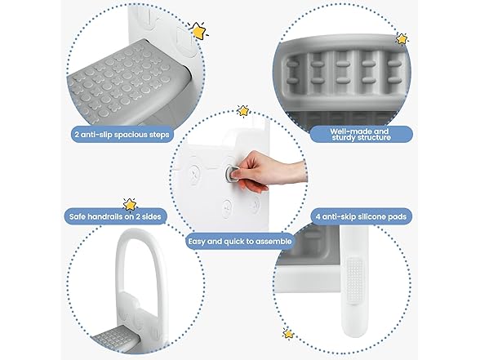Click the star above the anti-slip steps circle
pyautogui.click(x=198, y=31)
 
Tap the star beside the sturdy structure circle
pyautogui.click(x=402, y=38)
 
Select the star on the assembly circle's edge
pyautogui.click(x=242, y=110)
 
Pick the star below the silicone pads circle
pyautogui.click(x=287, y=334)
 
